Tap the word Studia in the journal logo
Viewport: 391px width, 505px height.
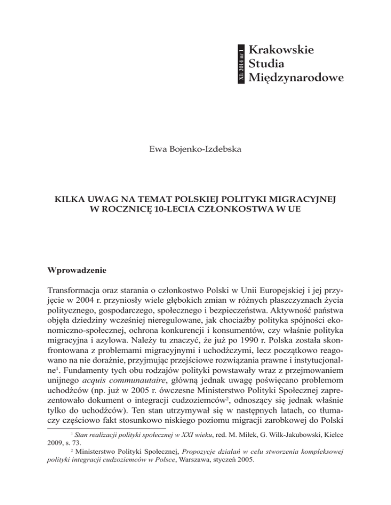click(x=270, y=64)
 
